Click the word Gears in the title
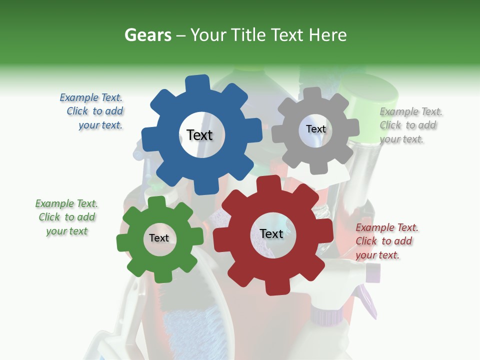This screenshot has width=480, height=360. (x=147, y=35)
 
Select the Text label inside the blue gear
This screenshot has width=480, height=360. (x=199, y=135)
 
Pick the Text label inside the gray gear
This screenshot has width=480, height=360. (x=315, y=129)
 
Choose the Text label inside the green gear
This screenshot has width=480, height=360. (x=159, y=238)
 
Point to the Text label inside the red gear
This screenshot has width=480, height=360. (x=271, y=233)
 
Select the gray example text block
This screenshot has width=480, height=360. (x=410, y=125)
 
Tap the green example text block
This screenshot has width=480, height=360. (x=66, y=217)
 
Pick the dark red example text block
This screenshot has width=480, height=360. (x=386, y=241)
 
